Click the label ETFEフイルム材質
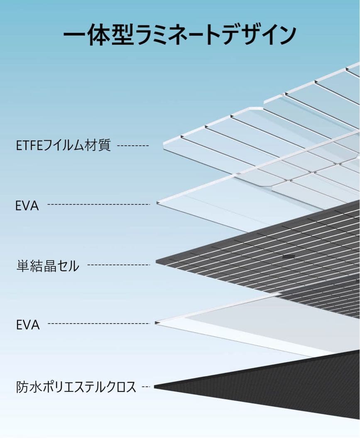[x=64, y=146]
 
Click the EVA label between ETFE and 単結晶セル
[x=27, y=205]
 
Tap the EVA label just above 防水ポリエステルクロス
[x=28, y=324]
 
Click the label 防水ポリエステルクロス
[x=76, y=387]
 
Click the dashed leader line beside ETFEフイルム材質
[x=133, y=146]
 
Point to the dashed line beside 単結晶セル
[x=119, y=265]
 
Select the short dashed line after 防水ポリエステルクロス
[x=145, y=387]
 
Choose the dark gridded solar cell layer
[x=266, y=257]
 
